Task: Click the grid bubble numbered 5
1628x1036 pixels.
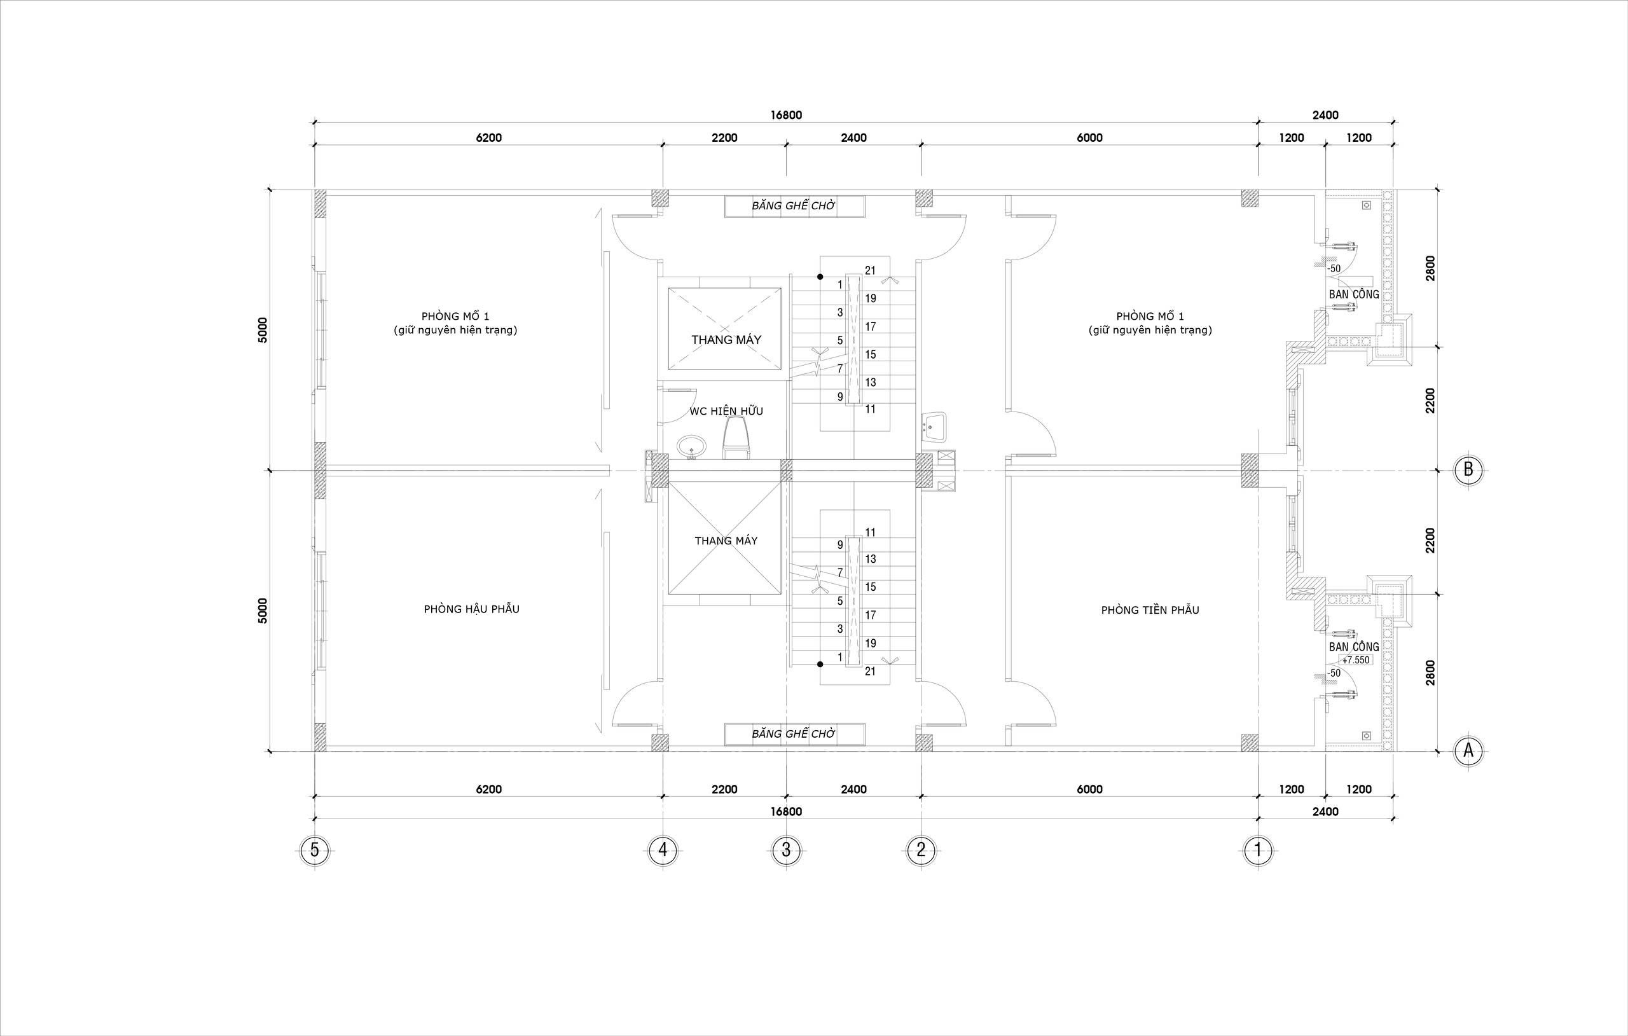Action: coord(314,850)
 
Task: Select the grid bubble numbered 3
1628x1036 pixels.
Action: coord(785,850)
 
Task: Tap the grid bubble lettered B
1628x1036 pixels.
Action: coord(1468,469)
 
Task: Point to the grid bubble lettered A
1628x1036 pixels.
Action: coord(1468,750)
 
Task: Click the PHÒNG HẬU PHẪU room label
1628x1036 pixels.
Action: coord(472,609)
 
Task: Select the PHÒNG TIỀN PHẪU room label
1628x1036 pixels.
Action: coord(1150,610)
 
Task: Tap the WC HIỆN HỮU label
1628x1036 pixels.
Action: coord(726,411)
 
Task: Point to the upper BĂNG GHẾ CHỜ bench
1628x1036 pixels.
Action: coord(794,206)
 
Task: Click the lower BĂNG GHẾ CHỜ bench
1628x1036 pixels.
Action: coord(794,734)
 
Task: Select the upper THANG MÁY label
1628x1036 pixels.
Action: coord(726,340)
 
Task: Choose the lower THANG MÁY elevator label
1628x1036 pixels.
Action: coord(726,541)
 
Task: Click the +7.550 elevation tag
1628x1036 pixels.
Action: coord(1355,660)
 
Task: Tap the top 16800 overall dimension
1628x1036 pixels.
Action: coord(786,115)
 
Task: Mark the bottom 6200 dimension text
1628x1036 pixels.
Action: coord(489,789)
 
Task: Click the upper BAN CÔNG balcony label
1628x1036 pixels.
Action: coord(1353,295)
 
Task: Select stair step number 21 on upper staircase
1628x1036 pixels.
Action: coord(870,270)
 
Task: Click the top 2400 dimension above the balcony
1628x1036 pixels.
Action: coord(1325,115)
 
